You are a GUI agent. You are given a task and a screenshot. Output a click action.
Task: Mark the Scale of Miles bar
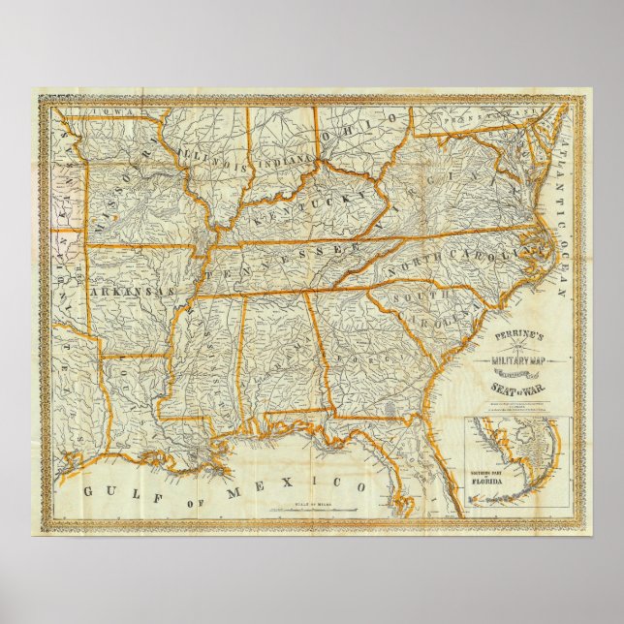(330, 511)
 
